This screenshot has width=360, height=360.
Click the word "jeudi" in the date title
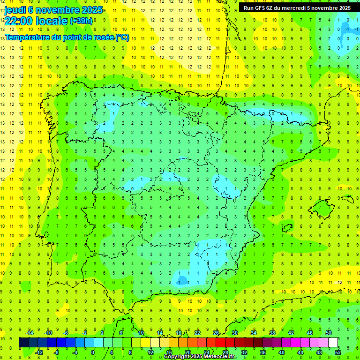pos(15,10)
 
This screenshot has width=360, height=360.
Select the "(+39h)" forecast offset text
pos(81,21)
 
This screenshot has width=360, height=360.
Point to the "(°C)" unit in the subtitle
pos(122,37)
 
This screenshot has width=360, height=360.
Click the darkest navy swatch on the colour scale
pos(23,342)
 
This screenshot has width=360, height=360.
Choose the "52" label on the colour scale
pos(338,352)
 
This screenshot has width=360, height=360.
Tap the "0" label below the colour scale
pos(93,352)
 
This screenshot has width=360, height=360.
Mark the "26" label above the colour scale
pos(216,333)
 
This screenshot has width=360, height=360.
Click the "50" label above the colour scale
pos(329,333)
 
